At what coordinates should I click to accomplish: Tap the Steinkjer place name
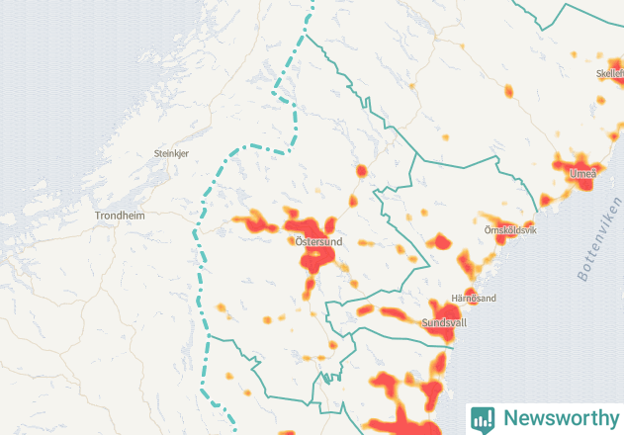170,153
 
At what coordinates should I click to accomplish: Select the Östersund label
317,241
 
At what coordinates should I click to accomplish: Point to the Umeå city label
582,174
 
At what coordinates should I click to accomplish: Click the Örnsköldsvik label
510,230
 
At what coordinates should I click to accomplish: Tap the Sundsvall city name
444,323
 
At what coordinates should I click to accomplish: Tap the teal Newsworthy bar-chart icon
483,417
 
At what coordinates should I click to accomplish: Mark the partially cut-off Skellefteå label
609,73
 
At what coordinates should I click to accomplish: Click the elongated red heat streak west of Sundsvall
394,314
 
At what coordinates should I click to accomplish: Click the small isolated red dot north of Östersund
361,171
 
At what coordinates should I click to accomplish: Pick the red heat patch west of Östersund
255,221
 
